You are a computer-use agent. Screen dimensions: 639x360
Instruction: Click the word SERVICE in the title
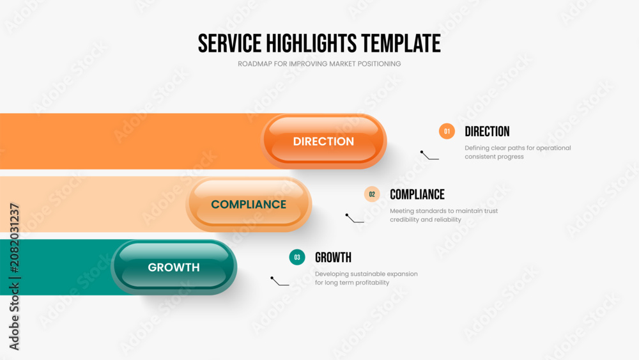[x=229, y=43]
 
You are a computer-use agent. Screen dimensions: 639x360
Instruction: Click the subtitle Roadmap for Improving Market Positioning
[x=319, y=64]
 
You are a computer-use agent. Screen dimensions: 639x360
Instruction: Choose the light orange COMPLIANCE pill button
[x=249, y=204]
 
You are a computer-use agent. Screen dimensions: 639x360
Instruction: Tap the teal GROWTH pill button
[x=174, y=267]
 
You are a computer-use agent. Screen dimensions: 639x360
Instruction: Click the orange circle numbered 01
[x=447, y=131]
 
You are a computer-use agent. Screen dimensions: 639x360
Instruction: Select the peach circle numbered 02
[x=372, y=194]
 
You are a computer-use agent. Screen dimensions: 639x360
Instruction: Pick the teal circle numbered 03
[x=297, y=257]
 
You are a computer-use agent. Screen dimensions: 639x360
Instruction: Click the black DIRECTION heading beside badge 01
[x=487, y=132]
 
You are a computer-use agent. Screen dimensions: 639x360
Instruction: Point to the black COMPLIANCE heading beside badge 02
[x=417, y=194]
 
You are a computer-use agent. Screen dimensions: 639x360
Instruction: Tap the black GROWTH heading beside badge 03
[x=333, y=258]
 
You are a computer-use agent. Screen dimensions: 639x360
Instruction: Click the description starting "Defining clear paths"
[x=518, y=152]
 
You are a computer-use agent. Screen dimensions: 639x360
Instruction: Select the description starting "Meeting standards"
[x=444, y=215]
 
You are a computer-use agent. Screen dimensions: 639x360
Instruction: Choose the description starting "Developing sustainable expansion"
[x=366, y=278]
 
